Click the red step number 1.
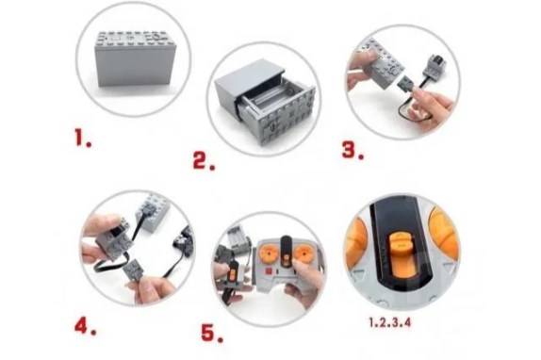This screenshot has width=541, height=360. click(x=83, y=138)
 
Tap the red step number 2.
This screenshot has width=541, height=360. click(x=204, y=161)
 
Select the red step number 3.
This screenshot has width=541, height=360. click(x=352, y=151)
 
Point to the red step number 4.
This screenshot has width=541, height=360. click(x=85, y=325)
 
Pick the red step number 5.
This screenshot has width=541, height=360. click(x=212, y=333)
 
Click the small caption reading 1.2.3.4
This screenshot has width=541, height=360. click(x=390, y=322)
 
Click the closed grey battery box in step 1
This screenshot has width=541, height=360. click(x=136, y=58)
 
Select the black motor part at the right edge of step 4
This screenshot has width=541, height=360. click(x=184, y=241)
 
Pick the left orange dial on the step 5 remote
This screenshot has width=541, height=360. click(x=269, y=254)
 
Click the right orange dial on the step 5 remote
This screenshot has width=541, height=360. click(x=303, y=254)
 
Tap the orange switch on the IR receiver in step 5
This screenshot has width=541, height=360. click(x=233, y=274)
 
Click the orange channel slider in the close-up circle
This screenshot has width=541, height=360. click(x=402, y=254)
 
